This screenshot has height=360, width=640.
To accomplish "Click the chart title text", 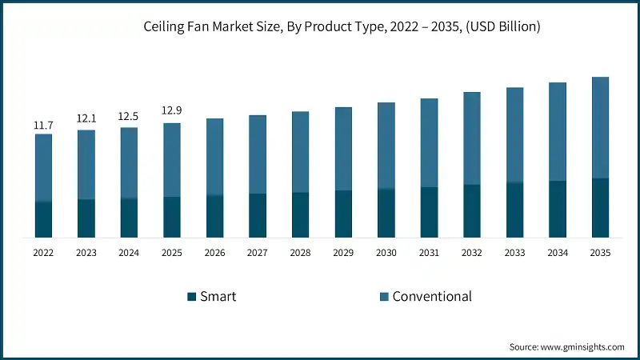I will pyautogui.click(x=320, y=27).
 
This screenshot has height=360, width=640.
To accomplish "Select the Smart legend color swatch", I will pyautogui.click(x=191, y=297).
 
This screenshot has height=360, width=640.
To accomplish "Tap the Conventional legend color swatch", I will pyautogui.click(x=383, y=297).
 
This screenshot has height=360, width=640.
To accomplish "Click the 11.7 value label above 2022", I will pyautogui.click(x=43, y=126).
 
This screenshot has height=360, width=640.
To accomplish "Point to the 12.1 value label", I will pyautogui.click(x=86, y=118).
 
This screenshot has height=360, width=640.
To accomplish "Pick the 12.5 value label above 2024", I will pyautogui.click(x=129, y=116).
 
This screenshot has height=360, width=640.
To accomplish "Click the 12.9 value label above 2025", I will pyautogui.click(x=172, y=110).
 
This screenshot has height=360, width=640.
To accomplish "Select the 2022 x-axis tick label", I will pyautogui.click(x=43, y=252).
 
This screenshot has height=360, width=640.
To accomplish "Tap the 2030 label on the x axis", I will pyautogui.click(x=386, y=252).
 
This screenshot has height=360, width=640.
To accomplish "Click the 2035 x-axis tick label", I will pyautogui.click(x=600, y=252).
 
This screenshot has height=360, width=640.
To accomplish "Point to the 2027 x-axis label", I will pyautogui.click(x=258, y=252).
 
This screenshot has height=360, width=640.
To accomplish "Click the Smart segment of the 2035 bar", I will pyautogui.click(x=600, y=208).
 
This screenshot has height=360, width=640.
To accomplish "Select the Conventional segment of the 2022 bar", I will pyautogui.click(x=43, y=168).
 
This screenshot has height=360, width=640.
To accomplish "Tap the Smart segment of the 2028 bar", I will pyautogui.click(x=300, y=215).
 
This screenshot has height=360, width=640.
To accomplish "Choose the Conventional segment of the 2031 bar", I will pyautogui.click(x=429, y=143).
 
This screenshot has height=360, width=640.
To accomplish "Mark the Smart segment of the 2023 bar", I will pyautogui.click(x=86, y=218).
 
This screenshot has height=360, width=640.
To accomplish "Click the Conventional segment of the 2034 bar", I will pyautogui.click(x=558, y=132).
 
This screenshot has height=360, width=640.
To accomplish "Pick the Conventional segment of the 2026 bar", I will pyautogui.click(x=214, y=157).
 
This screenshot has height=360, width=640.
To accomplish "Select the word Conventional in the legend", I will pyautogui.click(x=432, y=297).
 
